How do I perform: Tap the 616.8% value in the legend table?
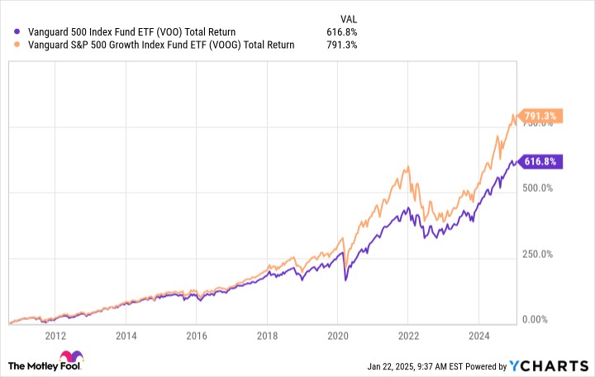coord(342,32)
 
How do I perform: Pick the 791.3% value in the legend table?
coord(342,45)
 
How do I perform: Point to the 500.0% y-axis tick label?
coord(543,188)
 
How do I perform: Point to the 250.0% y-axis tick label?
coord(543,254)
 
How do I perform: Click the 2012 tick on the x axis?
coord(55,336)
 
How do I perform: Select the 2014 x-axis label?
coord(126,336)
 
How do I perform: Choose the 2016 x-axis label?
coord(196,336)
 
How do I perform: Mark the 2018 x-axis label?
coord(266,336)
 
